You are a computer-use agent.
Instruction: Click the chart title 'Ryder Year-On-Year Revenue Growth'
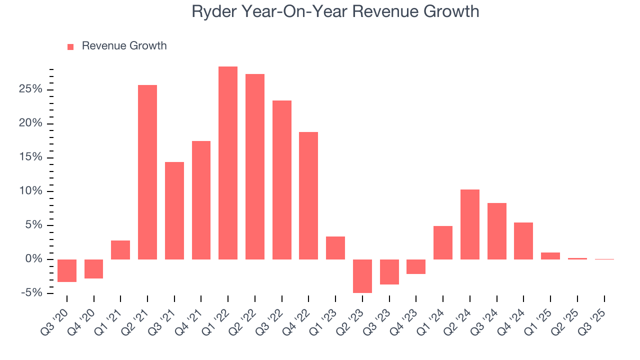335,11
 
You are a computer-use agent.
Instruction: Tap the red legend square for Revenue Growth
70,46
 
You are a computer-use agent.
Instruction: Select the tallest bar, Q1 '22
228,162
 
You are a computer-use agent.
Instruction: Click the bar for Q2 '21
147,172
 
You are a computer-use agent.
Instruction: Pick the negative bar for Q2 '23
362,276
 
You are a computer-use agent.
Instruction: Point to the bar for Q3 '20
67,270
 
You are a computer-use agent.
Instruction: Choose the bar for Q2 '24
470,224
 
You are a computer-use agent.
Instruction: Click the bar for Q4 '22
308,195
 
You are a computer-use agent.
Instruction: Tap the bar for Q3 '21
174,210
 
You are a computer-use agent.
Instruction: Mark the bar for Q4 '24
523,240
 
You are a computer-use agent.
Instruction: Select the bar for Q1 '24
443,242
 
